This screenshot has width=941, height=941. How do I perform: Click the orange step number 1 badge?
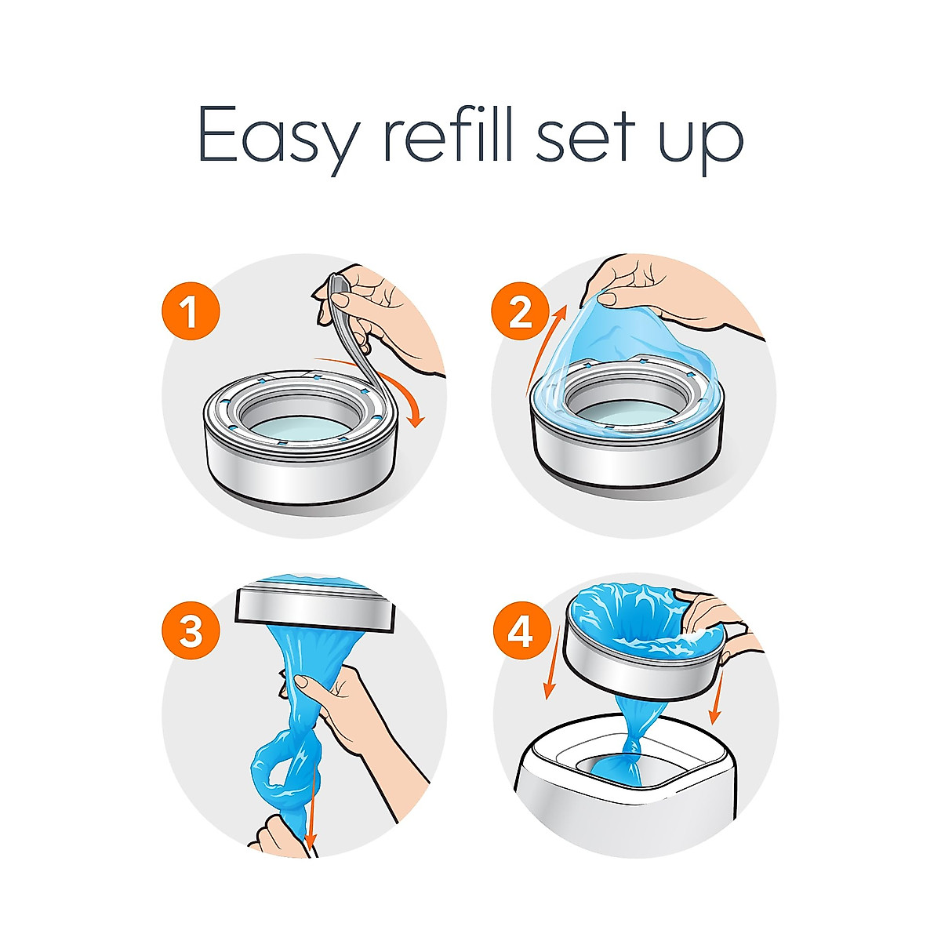(x=191, y=313)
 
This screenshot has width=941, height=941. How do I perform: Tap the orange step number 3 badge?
(x=191, y=630)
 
